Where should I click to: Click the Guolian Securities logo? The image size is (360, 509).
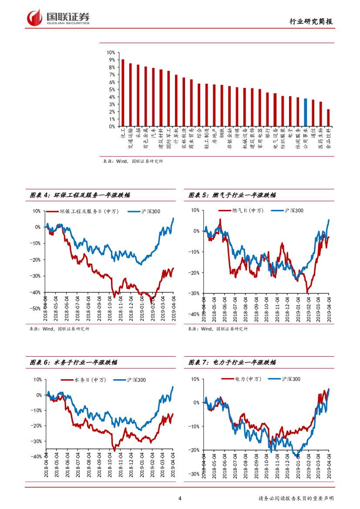[58, 18]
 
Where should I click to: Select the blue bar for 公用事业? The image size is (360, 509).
[306, 112]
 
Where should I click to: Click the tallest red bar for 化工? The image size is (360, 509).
[123, 93]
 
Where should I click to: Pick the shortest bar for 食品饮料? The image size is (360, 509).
[328, 118]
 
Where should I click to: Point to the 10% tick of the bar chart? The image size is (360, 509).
[111, 52]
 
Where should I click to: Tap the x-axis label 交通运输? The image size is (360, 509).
[131, 138]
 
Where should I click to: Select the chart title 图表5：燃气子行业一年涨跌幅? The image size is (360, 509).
[232, 196]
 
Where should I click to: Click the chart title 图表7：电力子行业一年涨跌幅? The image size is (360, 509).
[232, 362]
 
